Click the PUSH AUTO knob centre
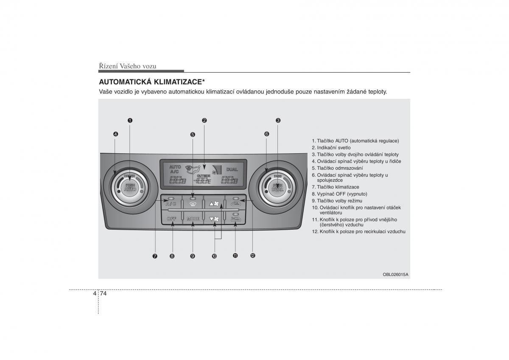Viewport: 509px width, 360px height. (x=130, y=187)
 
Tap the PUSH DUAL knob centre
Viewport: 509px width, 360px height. (x=277, y=187)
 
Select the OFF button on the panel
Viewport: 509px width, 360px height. (x=172, y=219)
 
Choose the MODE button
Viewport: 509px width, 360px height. (x=193, y=219)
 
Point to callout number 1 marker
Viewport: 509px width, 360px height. (x=130, y=120)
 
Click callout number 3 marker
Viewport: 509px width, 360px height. (x=278, y=120)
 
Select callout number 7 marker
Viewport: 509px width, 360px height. (x=155, y=256)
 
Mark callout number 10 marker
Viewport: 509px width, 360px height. (x=214, y=256)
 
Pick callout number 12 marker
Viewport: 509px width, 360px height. (x=252, y=256)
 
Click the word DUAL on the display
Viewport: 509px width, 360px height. (x=232, y=169)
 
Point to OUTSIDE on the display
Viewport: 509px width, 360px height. (x=204, y=175)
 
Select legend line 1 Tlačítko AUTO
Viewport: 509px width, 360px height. (x=355, y=141)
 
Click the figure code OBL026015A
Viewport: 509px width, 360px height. (x=395, y=274)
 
